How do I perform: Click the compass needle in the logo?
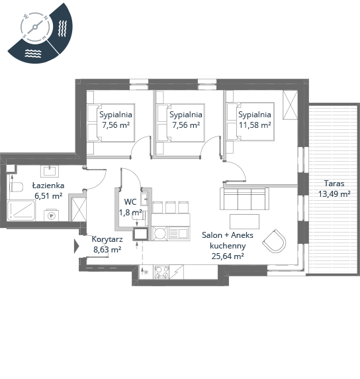coord(35,27)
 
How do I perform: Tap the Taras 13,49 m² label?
coord(334,189)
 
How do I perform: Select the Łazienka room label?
coord(48,186)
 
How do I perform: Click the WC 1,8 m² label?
coord(130,207)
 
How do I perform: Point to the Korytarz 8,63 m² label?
coord(107,244)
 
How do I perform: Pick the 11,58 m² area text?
coord(255,125)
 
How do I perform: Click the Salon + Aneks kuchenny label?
coord(228,240)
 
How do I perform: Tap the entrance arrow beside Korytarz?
coord(76,246)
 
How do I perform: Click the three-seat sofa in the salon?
coord(244,199)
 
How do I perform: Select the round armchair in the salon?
coord(275,241)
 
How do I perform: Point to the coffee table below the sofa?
coord(244,221)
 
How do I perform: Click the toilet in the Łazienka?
coord(16,187)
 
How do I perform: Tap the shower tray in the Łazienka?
coord(21,210)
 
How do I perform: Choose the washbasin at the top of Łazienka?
coord(50,171)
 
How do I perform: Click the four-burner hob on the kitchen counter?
coord(161,272)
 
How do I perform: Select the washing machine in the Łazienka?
coord(51,215)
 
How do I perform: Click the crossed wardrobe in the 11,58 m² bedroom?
coord(291,105)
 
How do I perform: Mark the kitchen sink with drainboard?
coord(179,233)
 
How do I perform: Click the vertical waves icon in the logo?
coord(62,28)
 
